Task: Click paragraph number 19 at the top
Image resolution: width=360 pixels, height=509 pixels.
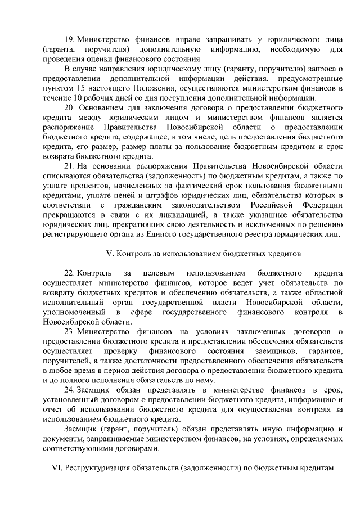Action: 70,40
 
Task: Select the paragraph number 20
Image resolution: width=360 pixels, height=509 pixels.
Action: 70,107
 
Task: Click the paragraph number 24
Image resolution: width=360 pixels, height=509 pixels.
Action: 70,390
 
